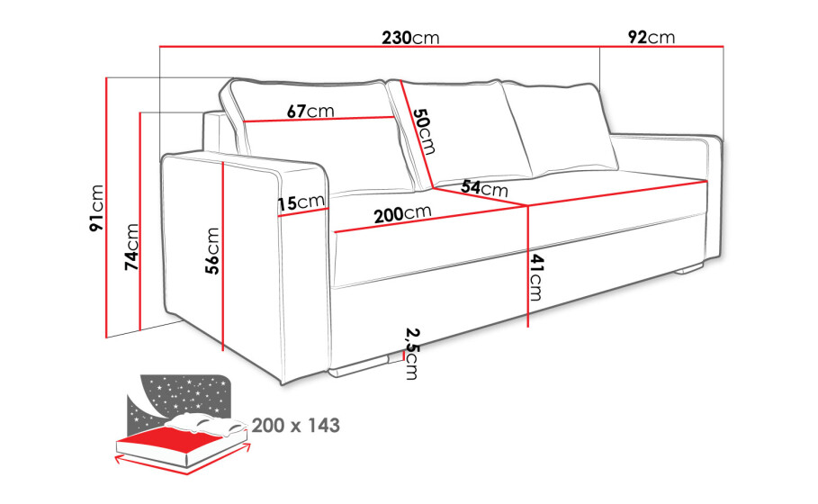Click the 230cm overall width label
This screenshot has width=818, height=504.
pos(410,38)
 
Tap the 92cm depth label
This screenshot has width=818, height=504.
pos(651,37)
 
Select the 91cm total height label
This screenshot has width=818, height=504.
pos(97,208)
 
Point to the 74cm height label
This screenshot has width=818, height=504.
pos(132,247)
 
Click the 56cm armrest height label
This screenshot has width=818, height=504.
pos(212,251)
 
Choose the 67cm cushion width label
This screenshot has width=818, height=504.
pos(310,111)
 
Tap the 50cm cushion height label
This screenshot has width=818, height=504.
pos(424,131)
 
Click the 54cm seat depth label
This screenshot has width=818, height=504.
pos(485,187)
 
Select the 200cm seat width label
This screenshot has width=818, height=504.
pos(403,213)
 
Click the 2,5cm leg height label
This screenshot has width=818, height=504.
pos(412,353)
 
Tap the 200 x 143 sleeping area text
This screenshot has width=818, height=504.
pos(296,425)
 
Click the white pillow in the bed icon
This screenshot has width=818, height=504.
pos(209,424)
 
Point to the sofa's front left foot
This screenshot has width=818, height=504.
pos(360,366)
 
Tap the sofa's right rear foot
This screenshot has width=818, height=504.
pos(688,269)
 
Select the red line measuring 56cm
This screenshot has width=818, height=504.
pos(223,256)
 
